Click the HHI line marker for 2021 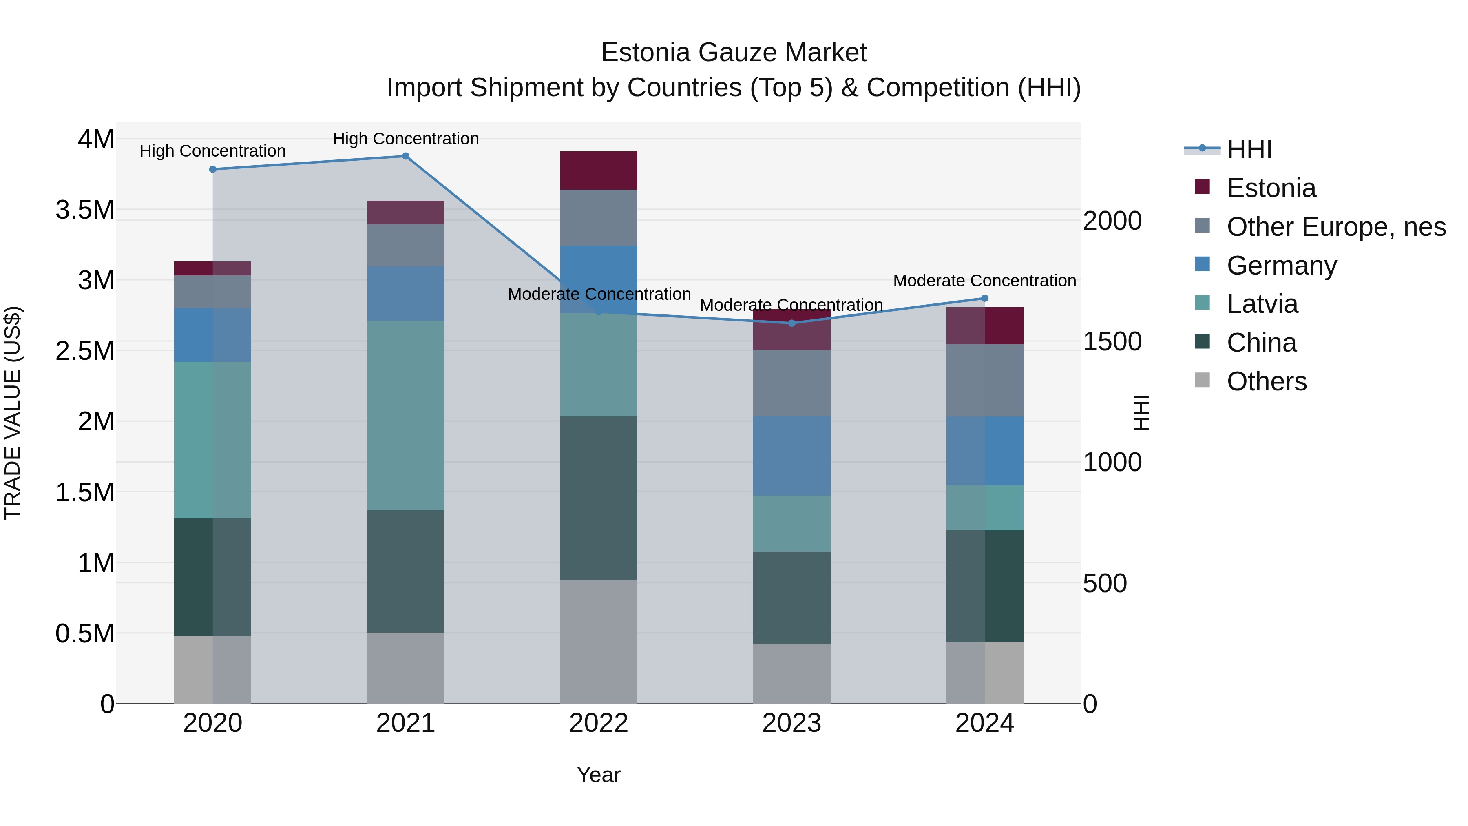point(406,156)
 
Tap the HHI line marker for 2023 point(791,323)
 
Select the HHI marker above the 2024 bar point(985,298)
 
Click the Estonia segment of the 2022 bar point(598,171)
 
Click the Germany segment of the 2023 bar point(791,456)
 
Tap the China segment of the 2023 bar point(791,598)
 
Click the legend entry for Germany point(1281,266)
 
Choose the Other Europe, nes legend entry point(1336,227)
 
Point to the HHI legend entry point(1249,149)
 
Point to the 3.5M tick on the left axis point(84,210)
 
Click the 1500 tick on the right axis point(1112,341)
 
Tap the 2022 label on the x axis point(598,723)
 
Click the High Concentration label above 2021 point(406,139)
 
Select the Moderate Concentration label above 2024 point(984,281)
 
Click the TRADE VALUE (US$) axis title point(13,413)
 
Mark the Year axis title point(598,775)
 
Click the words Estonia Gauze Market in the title point(734,53)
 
